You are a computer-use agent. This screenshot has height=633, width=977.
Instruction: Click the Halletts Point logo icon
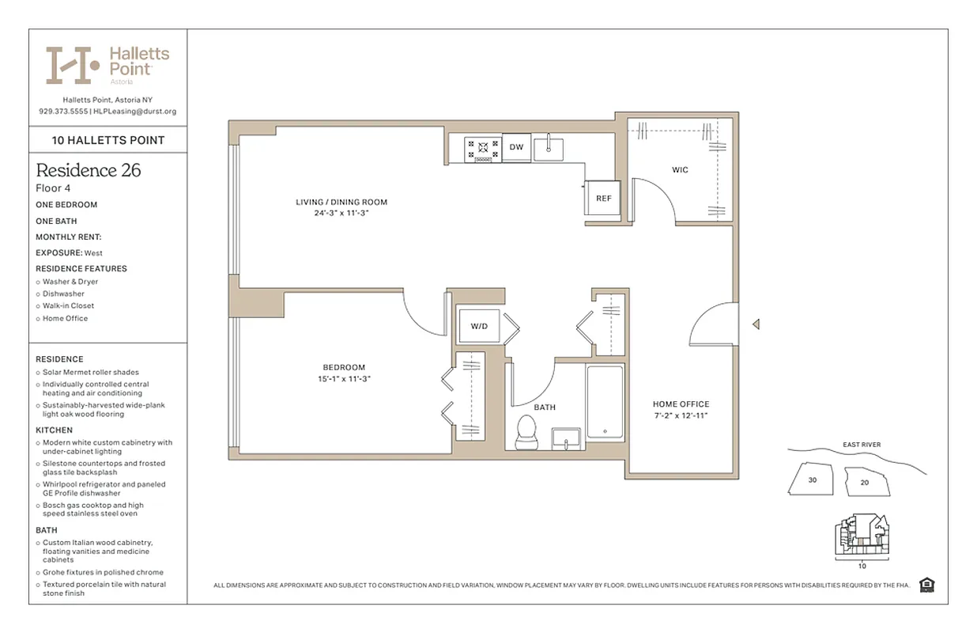72,65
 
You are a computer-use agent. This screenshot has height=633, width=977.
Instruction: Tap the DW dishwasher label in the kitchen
516,147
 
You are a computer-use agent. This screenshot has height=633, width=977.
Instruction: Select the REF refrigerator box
603,199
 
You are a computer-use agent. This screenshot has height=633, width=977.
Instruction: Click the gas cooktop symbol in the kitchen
482,148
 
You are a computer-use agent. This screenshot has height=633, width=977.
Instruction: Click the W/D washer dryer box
479,325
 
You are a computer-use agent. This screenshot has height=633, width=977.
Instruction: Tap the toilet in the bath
526,433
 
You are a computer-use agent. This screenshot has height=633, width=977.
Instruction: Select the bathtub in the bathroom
605,401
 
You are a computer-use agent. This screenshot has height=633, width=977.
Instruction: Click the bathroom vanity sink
566,438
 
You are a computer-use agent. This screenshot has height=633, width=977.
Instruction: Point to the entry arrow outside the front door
756,324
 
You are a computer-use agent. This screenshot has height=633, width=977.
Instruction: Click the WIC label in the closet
680,170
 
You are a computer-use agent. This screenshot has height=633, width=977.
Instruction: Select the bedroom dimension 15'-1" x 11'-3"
344,379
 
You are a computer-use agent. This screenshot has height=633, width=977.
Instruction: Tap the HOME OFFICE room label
681,404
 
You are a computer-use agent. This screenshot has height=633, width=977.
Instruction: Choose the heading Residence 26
89,170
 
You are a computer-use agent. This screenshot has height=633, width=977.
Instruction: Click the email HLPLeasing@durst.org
135,112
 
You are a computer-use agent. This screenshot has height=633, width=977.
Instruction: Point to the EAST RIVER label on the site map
861,445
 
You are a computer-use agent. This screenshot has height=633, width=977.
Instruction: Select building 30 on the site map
812,479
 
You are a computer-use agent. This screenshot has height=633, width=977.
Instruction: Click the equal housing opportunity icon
927,585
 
